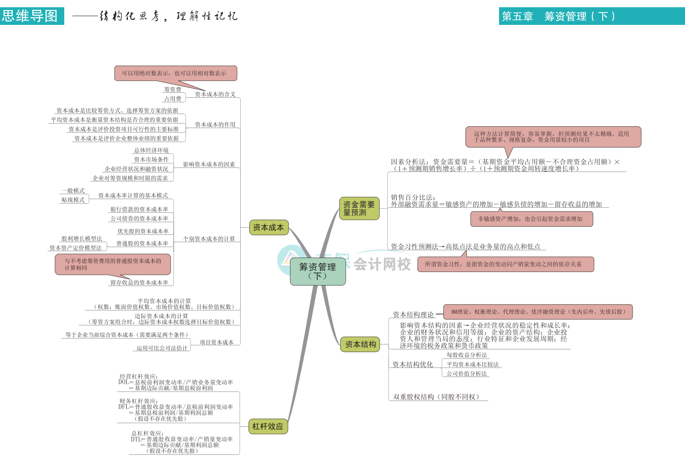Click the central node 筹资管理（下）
click(x=318, y=272)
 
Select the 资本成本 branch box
click(x=268, y=227)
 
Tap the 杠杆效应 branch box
click(x=268, y=426)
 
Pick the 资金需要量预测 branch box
click(x=359, y=209)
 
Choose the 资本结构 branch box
click(x=360, y=344)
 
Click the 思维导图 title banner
click(x=30, y=16)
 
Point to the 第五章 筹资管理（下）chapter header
click(x=558, y=16)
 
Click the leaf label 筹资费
click(x=172, y=90)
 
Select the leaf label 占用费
click(x=172, y=99)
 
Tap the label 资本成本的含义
click(x=215, y=94)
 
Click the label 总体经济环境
click(x=151, y=150)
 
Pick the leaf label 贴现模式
click(x=73, y=200)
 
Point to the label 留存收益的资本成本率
click(x=139, y=282)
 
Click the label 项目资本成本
click(x=216, y=342)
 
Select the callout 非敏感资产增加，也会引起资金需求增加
click(x=531, y=219)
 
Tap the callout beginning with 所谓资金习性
click(x=505, y=264)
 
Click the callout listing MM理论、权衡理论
click(x=538, y=312)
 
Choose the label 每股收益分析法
click(x=466, y=355)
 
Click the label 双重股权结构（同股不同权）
click(x=436, y=397)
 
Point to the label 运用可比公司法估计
click(x=162, y=348)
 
